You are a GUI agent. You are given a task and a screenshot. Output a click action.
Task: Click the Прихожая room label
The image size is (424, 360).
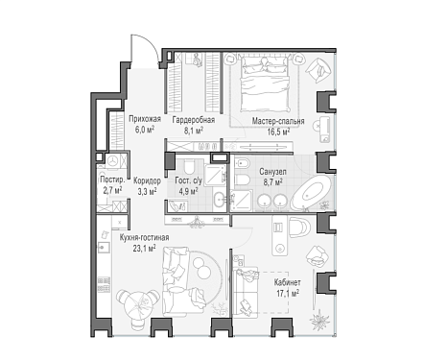[145, 119]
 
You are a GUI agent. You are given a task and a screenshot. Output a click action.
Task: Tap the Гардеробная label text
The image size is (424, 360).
[194, 120]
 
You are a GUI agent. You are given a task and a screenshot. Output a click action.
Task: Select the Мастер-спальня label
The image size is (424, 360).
[278, 121]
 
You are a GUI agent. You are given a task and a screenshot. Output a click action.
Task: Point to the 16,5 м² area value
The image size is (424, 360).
[279, 132]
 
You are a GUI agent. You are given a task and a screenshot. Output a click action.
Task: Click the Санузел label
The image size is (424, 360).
[272, 172]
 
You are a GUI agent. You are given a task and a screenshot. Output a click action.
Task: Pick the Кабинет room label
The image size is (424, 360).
[287, 282]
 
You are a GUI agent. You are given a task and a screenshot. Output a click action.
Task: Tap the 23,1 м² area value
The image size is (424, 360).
[144, 248]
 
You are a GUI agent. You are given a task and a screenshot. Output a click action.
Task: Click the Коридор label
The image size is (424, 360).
[147, 180]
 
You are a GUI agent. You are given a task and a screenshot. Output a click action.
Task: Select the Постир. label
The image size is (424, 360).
[112, 180]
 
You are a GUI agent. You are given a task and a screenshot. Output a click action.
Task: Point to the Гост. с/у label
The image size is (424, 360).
[189, 180]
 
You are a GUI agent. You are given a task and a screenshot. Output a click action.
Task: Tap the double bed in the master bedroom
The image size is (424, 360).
[265, 84]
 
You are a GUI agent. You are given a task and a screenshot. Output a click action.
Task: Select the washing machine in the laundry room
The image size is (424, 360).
[112, 161]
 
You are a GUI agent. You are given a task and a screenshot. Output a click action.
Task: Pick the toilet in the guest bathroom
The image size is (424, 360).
[189, 166]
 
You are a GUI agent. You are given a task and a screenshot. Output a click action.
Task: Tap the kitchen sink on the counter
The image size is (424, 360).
[104, 247]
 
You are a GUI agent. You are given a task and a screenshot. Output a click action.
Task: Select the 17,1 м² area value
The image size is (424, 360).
[288, 293]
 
